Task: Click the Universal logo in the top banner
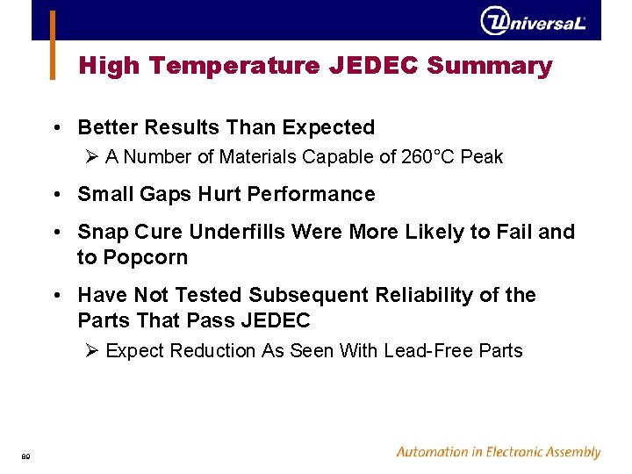(533, 21)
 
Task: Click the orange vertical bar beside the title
(53, 44)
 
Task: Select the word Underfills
(240, 232)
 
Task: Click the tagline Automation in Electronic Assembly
(498, 452)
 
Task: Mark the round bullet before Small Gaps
(56, 194)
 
